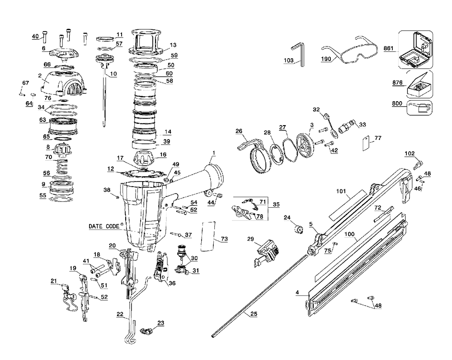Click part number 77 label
(x=378, y=138)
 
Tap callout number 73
(x=224, y=238)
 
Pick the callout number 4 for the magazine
(x=297, y=293)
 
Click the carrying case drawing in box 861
(x=415, y=49)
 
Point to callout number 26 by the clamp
(x=239, y=131)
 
